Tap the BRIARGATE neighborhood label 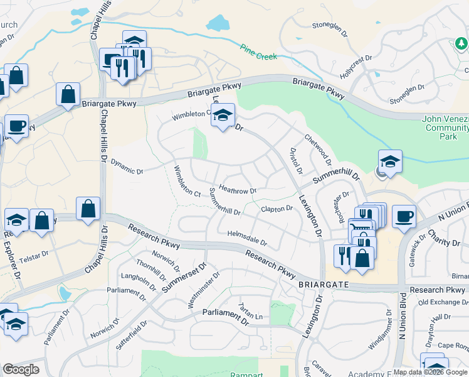[x=320, y=284]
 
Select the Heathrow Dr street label [x=238, y=190]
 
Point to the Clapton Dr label [x=277, y=209]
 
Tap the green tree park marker [x=461, y=43]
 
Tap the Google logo [x=21, y=369]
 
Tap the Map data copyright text [x=430, y=372]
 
